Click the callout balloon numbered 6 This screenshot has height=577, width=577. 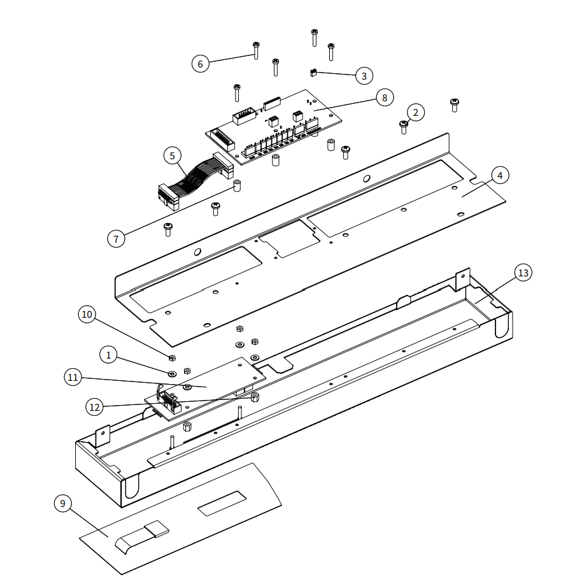(200, 64)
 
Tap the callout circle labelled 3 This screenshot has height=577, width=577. (364, 76)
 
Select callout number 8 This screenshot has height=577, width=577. (384, 97)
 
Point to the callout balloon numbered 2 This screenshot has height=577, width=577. (415, 113)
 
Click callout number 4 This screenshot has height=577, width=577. (500, 175)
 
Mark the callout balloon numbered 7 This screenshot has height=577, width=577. (116, 239)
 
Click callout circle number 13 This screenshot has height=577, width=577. (523, 273)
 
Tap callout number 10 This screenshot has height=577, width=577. (87, 314)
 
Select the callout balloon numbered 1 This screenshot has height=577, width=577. (109, 355)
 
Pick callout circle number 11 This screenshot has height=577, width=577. (73, 378)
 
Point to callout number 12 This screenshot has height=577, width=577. (95, 405)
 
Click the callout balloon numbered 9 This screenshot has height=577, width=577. (62, 503)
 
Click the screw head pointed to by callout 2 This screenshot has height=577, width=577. (403, 125)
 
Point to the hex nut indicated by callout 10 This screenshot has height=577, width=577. (172, 357)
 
